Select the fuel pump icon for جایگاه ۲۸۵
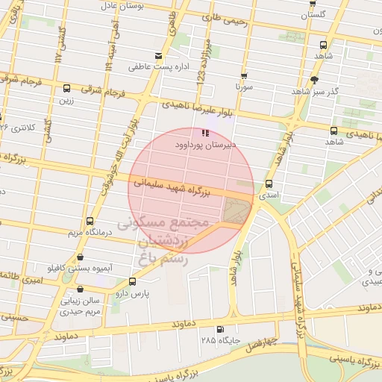pos(219,329)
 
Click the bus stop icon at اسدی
pos(269,184)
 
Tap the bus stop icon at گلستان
pos(322,2)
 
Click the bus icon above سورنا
pos(243,75)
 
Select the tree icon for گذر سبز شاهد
pos(314,79)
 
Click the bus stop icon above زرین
pos(67,87)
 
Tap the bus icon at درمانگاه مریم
pos(90,221)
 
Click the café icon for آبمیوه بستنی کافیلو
pos(80,257)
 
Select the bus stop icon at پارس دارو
pos(132,281)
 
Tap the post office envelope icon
pos(157,56)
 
